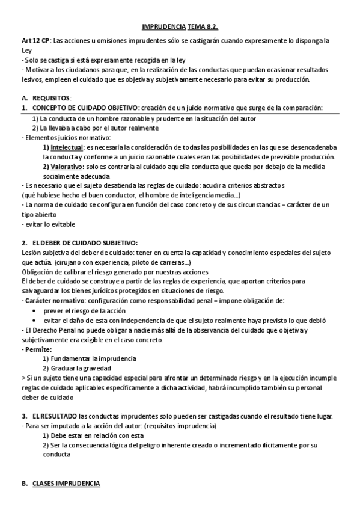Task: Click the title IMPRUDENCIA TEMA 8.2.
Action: (x=179, y=27)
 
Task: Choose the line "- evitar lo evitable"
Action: (x=40, y=224)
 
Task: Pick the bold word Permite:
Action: (x=38, y=349)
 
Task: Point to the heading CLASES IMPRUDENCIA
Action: (x=66, y=484)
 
